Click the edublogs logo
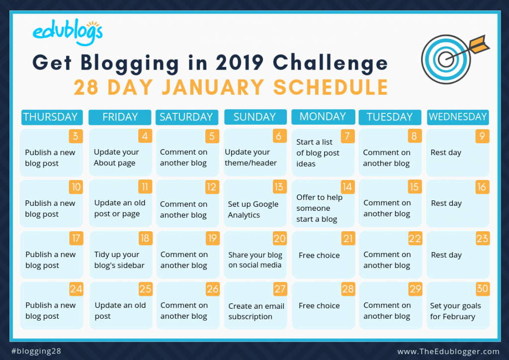(68, 32)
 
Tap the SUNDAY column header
(255, 117)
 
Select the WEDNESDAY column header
(458, 117)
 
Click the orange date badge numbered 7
(347, 136)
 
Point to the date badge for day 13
(279, 186)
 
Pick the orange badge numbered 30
(482, 288)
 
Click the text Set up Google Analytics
(253, 209)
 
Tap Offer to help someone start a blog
(319, 208)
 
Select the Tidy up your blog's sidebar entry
(119, 260)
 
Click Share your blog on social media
(255, 260)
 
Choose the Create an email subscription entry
(256, 311)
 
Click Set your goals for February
(455, 311)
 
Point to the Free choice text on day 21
(319, 255)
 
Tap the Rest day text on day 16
(446, 203)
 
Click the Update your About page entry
(116, 158)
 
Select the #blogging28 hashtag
(36, 351)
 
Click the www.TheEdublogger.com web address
(448, 352)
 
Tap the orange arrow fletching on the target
(479, 44)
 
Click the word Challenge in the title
(331, 63)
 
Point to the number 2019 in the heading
(239, 62)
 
